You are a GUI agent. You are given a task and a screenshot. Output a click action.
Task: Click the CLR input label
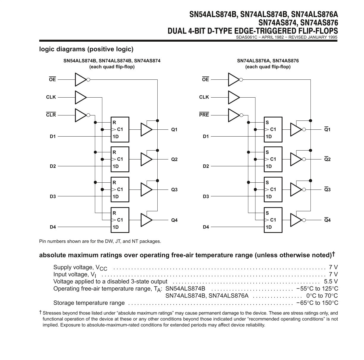point(51,115)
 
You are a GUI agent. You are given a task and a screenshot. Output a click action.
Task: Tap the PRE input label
point(204,115)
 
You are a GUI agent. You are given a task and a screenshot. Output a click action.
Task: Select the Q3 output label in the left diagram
point(174,190)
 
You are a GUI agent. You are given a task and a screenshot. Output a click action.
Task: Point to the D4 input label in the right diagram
point(206,227)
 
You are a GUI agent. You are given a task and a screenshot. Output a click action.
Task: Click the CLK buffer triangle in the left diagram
point(81,97)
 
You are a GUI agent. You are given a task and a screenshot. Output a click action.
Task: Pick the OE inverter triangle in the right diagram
point(234,80)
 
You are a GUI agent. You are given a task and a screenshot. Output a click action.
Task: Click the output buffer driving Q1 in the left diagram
point(147,129)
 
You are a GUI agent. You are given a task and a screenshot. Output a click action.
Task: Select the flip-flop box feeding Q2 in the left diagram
point(120,159)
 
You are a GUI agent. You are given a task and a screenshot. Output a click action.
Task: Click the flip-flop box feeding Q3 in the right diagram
point(273,190)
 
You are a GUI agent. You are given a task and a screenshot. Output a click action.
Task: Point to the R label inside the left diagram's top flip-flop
point(114,123)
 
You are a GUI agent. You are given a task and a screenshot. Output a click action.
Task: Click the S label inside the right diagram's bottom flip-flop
point(267,213)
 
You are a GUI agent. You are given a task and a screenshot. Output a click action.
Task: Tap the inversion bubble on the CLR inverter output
point(88,115)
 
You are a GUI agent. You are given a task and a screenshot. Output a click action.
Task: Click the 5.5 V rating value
point(331,281)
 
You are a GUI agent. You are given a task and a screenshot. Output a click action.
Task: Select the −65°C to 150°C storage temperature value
point(317,303)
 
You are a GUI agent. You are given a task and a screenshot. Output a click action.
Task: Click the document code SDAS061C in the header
point(247,37)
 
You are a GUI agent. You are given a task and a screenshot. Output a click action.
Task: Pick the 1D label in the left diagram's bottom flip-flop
point(116,227)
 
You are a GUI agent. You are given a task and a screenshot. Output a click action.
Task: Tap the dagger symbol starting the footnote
point(40,312)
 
